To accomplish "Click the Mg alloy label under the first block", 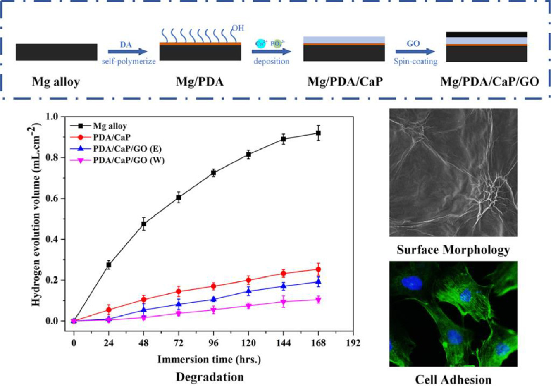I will coord(56,82).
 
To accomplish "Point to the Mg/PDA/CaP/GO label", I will coord(489,82).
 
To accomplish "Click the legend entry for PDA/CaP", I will coord(110,137).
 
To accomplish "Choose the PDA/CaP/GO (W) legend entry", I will coord(128,160).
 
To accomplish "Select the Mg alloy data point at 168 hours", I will coord(318,133).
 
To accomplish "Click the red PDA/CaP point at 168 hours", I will coord(318,269).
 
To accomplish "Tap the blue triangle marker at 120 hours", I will coord(248,291).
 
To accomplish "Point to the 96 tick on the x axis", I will coord(213,343).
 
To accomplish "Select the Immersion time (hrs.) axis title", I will coord(209,360).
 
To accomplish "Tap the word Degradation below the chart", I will coord(210,377).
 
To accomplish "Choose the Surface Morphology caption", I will coord(453,250).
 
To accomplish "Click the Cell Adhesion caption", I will coord(453,379).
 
